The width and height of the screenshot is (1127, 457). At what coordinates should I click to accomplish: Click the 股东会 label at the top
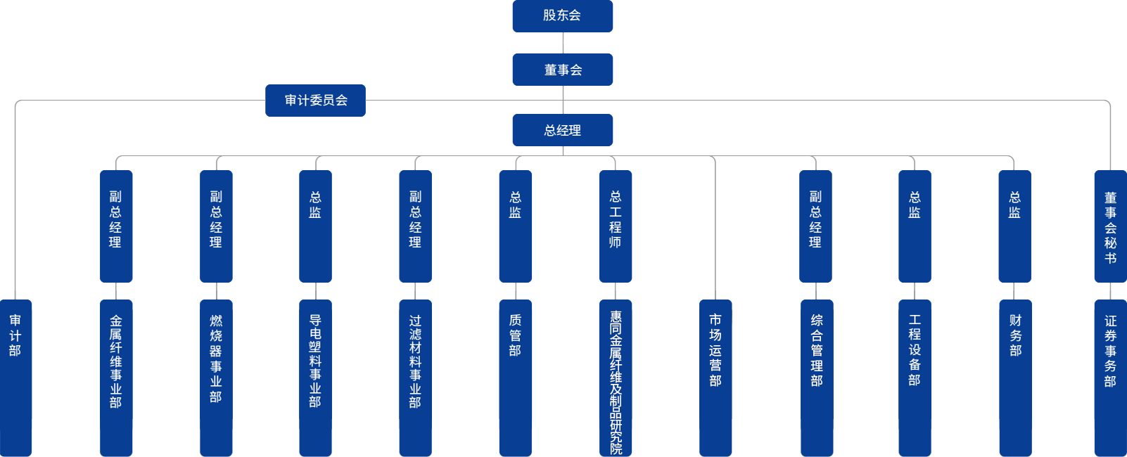[561, 15]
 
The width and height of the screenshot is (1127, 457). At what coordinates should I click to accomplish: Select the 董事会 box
[563, 70]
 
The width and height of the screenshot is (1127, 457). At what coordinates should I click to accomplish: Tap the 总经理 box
[563, 130]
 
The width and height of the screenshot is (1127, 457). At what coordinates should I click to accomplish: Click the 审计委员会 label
[316, 100]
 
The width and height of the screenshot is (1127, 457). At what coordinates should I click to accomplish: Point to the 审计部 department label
[15, 335]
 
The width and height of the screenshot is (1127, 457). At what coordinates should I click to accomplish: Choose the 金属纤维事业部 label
[116, 361]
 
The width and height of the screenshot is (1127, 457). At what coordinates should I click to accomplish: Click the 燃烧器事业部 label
[216, 359]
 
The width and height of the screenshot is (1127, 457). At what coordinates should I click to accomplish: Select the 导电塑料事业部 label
[315, 361]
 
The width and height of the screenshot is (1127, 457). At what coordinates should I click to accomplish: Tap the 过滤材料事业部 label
[415, 361]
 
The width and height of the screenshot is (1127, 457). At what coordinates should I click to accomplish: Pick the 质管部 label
[515, 335]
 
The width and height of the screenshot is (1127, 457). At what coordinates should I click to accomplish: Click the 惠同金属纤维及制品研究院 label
[616, 383]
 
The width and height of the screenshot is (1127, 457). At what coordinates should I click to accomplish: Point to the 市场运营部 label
[715, 350]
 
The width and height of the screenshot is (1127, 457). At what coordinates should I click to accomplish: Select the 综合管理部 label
[816, 350]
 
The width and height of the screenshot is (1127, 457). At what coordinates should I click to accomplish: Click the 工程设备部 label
[915, 350]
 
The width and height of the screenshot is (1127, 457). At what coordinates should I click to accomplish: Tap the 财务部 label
[1015, 335]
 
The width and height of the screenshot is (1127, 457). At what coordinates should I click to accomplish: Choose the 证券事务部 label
[1110, 350]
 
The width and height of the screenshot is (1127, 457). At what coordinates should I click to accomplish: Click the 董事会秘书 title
[1110, 228]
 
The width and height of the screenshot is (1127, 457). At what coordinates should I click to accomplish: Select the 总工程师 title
[616, 219]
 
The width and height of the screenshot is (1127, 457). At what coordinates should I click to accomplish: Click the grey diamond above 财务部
[1014, 291]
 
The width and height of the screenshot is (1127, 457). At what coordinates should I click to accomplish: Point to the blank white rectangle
[810, 41]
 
